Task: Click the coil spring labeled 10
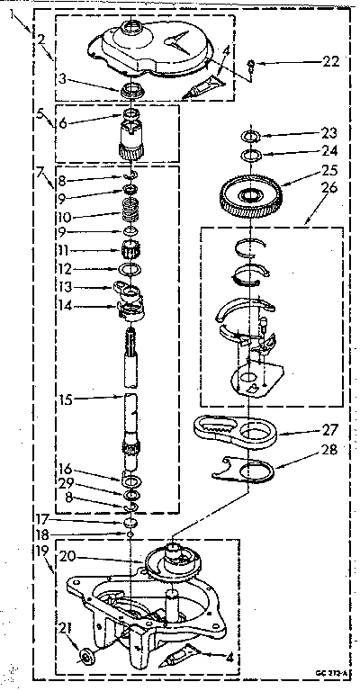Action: (133, 217)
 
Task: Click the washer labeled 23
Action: (252, 137)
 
